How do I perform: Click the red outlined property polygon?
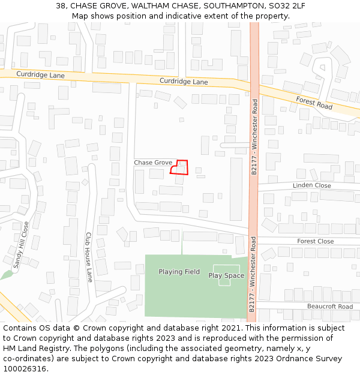click(179, 167)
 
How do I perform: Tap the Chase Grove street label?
click(153, 163)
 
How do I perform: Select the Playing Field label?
click(179, 272)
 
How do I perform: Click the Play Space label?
click(226, 276)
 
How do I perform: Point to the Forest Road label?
click(314, 103)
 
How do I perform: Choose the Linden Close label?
click(311, 185)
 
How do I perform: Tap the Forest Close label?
click(315, 241)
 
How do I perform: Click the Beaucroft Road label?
click(329, 307)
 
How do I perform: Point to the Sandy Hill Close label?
click(20, 247)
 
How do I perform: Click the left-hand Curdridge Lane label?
click(40, 76)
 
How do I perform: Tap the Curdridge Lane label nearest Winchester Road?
click(184, 81)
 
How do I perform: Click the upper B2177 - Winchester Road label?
click(254, 136)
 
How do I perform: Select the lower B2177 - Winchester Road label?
click(253, 273)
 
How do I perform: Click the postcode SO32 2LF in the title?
click(288, 5)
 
